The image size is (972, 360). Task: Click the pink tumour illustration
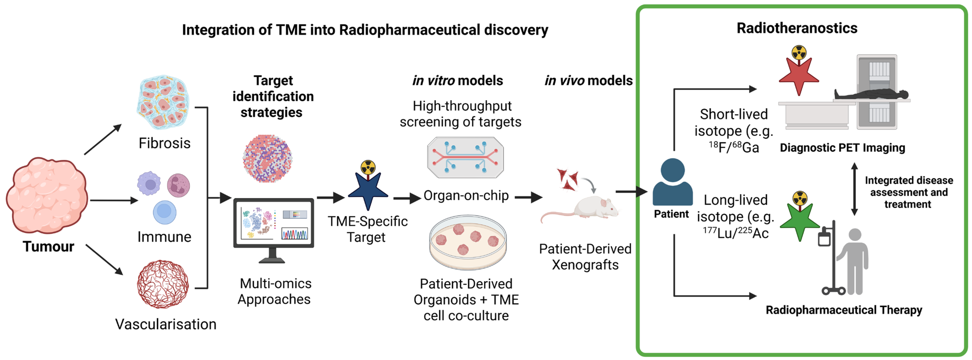47,195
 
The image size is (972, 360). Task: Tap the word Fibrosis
164,143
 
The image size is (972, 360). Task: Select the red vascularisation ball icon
163,284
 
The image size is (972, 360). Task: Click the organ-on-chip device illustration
465,157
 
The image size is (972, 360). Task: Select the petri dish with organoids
468,242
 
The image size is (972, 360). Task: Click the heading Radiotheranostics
797,28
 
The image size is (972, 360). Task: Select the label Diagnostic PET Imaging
842,148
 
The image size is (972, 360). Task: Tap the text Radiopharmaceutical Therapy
844,310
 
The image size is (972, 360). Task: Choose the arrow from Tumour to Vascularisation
105,260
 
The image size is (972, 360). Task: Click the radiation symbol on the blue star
368,167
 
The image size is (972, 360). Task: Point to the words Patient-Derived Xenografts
585,257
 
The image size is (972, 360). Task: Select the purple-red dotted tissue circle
267,158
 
